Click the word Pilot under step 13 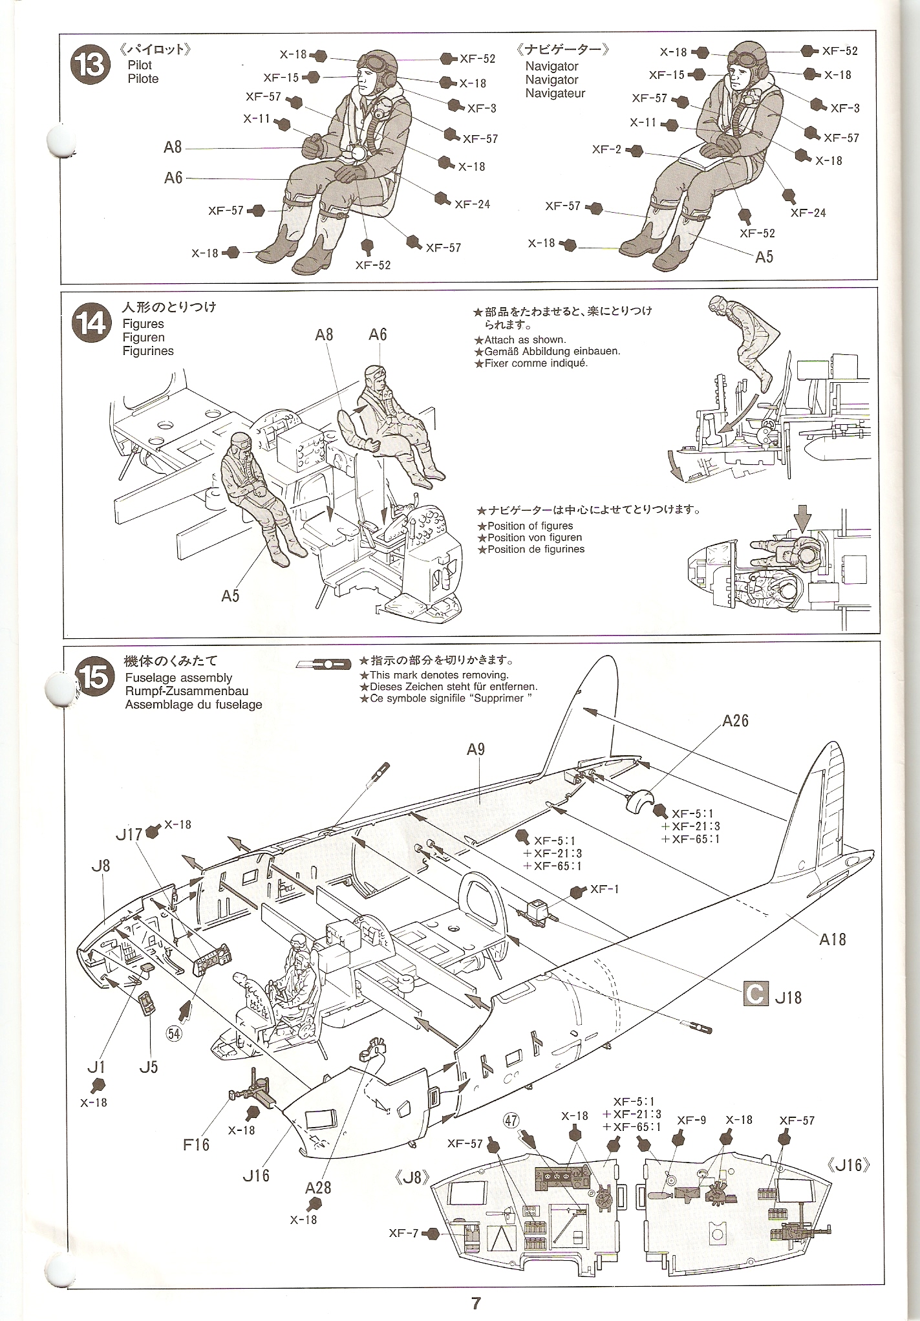tap(140, 65)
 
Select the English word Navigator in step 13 tap(551, 66)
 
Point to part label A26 tap(735, 720)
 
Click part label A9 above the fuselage tap(475, 749)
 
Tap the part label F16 tap(196, 1144)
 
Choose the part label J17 tap(129, 834)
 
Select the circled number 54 tap(173, 1033)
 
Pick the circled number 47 tap(511, 1119)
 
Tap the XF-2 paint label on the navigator tap(606, 150)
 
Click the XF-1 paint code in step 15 tap(604, 890)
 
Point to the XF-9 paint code tap(691, 1120)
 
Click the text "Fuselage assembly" tap(178, 678)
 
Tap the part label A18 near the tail tap(832, 939)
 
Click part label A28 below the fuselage tap(318, 1187)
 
